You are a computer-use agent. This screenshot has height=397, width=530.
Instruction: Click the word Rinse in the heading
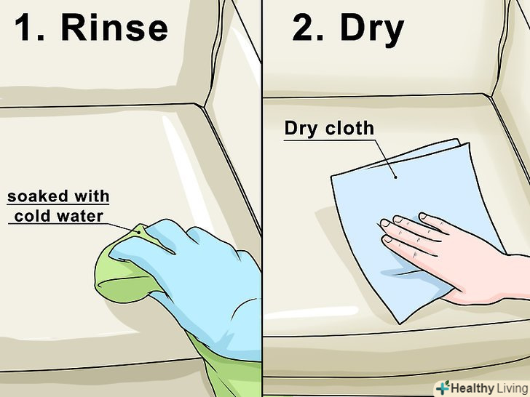tap(114, 28)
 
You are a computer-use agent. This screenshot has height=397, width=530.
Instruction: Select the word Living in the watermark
tap(511, 388)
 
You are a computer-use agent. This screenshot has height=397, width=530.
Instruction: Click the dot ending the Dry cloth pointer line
tap(396, 177)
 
